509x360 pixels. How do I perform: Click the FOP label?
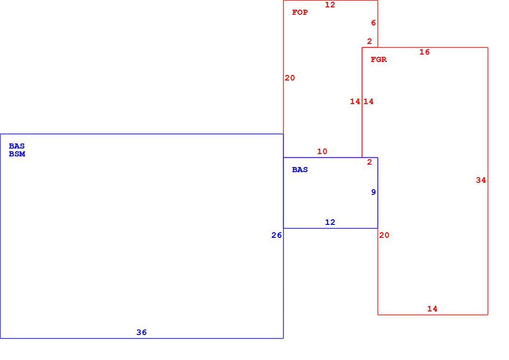(300, 12)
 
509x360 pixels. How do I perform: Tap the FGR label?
(379, 59)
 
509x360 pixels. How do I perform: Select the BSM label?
(17, 154)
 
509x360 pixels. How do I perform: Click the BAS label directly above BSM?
(17, 146)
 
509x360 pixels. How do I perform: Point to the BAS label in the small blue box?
(300, 169)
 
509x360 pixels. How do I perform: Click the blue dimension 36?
(142, 332)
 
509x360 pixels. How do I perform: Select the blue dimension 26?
(277, 235)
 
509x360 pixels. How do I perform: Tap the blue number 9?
(373, 192)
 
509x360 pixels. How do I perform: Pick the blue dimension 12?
(330, 222)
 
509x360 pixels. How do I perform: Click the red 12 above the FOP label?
(330, 5)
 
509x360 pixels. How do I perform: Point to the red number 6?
(373, 23)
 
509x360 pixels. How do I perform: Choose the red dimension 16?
(425, 52)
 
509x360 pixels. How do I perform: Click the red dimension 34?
(481, 180)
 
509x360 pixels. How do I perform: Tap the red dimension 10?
(323, 151)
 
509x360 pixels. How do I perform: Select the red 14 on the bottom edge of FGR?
(432, 309)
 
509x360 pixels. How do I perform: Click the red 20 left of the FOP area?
(290, 78)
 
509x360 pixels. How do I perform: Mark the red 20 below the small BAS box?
(385, 235)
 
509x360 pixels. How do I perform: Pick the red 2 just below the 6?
(370, 41)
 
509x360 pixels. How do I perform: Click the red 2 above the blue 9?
(370, 162)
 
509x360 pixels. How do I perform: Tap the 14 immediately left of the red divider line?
(355, 101)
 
